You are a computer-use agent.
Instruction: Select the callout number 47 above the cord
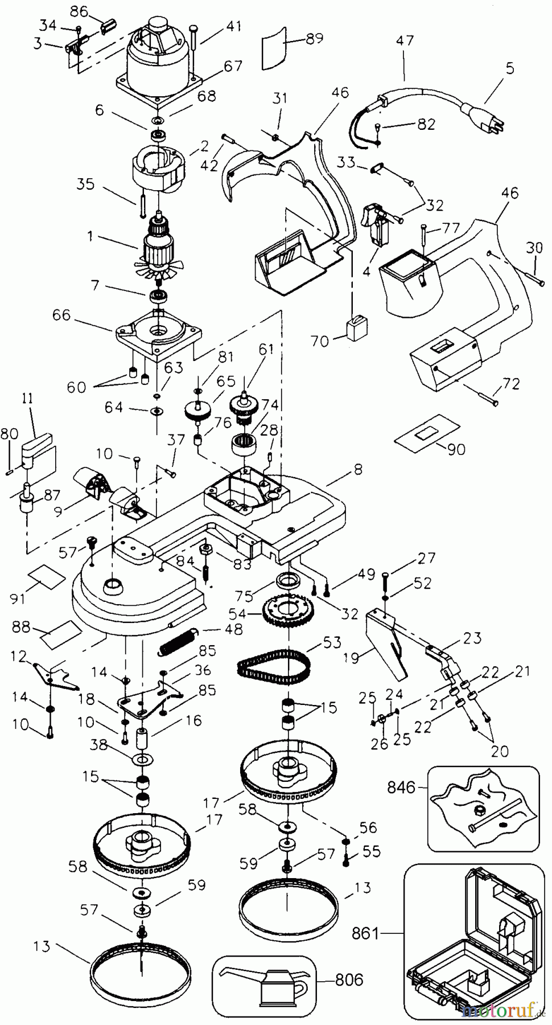tap(405, 41)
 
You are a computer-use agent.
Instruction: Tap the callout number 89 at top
tap(314, 38)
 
